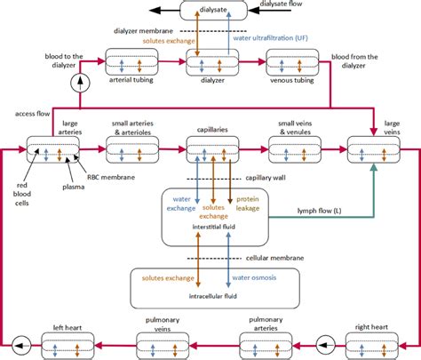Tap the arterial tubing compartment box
tap(131, 66)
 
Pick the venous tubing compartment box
tap(290, 66)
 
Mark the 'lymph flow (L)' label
tap(317, 211)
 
